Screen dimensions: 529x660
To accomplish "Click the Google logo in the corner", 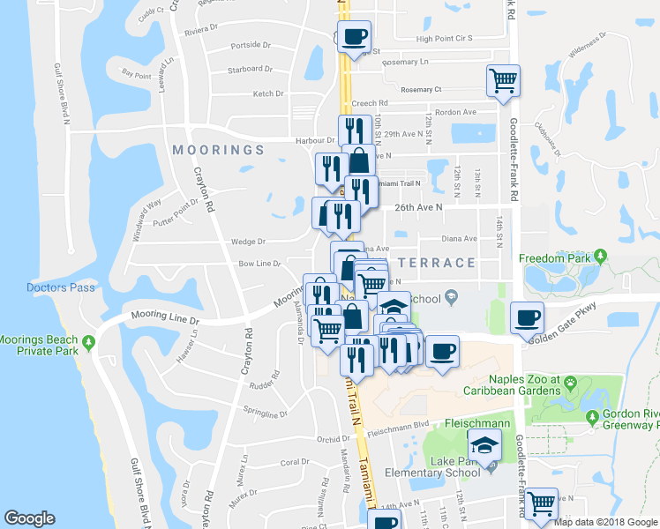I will pos(30,518).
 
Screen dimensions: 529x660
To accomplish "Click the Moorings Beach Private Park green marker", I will pos(88,342).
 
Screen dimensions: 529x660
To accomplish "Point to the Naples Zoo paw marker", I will pos(571,384).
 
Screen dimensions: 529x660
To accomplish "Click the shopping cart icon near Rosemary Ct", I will pos(502,80).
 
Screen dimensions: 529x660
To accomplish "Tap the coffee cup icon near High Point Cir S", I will pos(354,37).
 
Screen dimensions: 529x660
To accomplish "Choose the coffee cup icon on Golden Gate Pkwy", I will pos(527,317).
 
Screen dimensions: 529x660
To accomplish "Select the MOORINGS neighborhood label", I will pos(218,150).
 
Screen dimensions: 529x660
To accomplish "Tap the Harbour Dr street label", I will pos(315,140).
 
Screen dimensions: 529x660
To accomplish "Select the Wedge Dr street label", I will pos(249,242).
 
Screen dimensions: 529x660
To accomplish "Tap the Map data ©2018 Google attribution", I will pos(604,521).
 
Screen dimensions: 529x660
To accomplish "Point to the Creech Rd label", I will pos(369,103).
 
